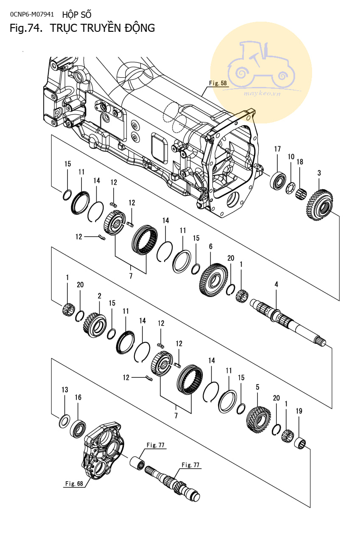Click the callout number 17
(277, 149)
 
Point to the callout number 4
(276, 284)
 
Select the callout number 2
(99, 296)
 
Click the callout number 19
(299, 411)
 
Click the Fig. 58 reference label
(218, 83)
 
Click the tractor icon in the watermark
(260, 64)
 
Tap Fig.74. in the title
(27, 28)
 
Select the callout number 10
(291, 157)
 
